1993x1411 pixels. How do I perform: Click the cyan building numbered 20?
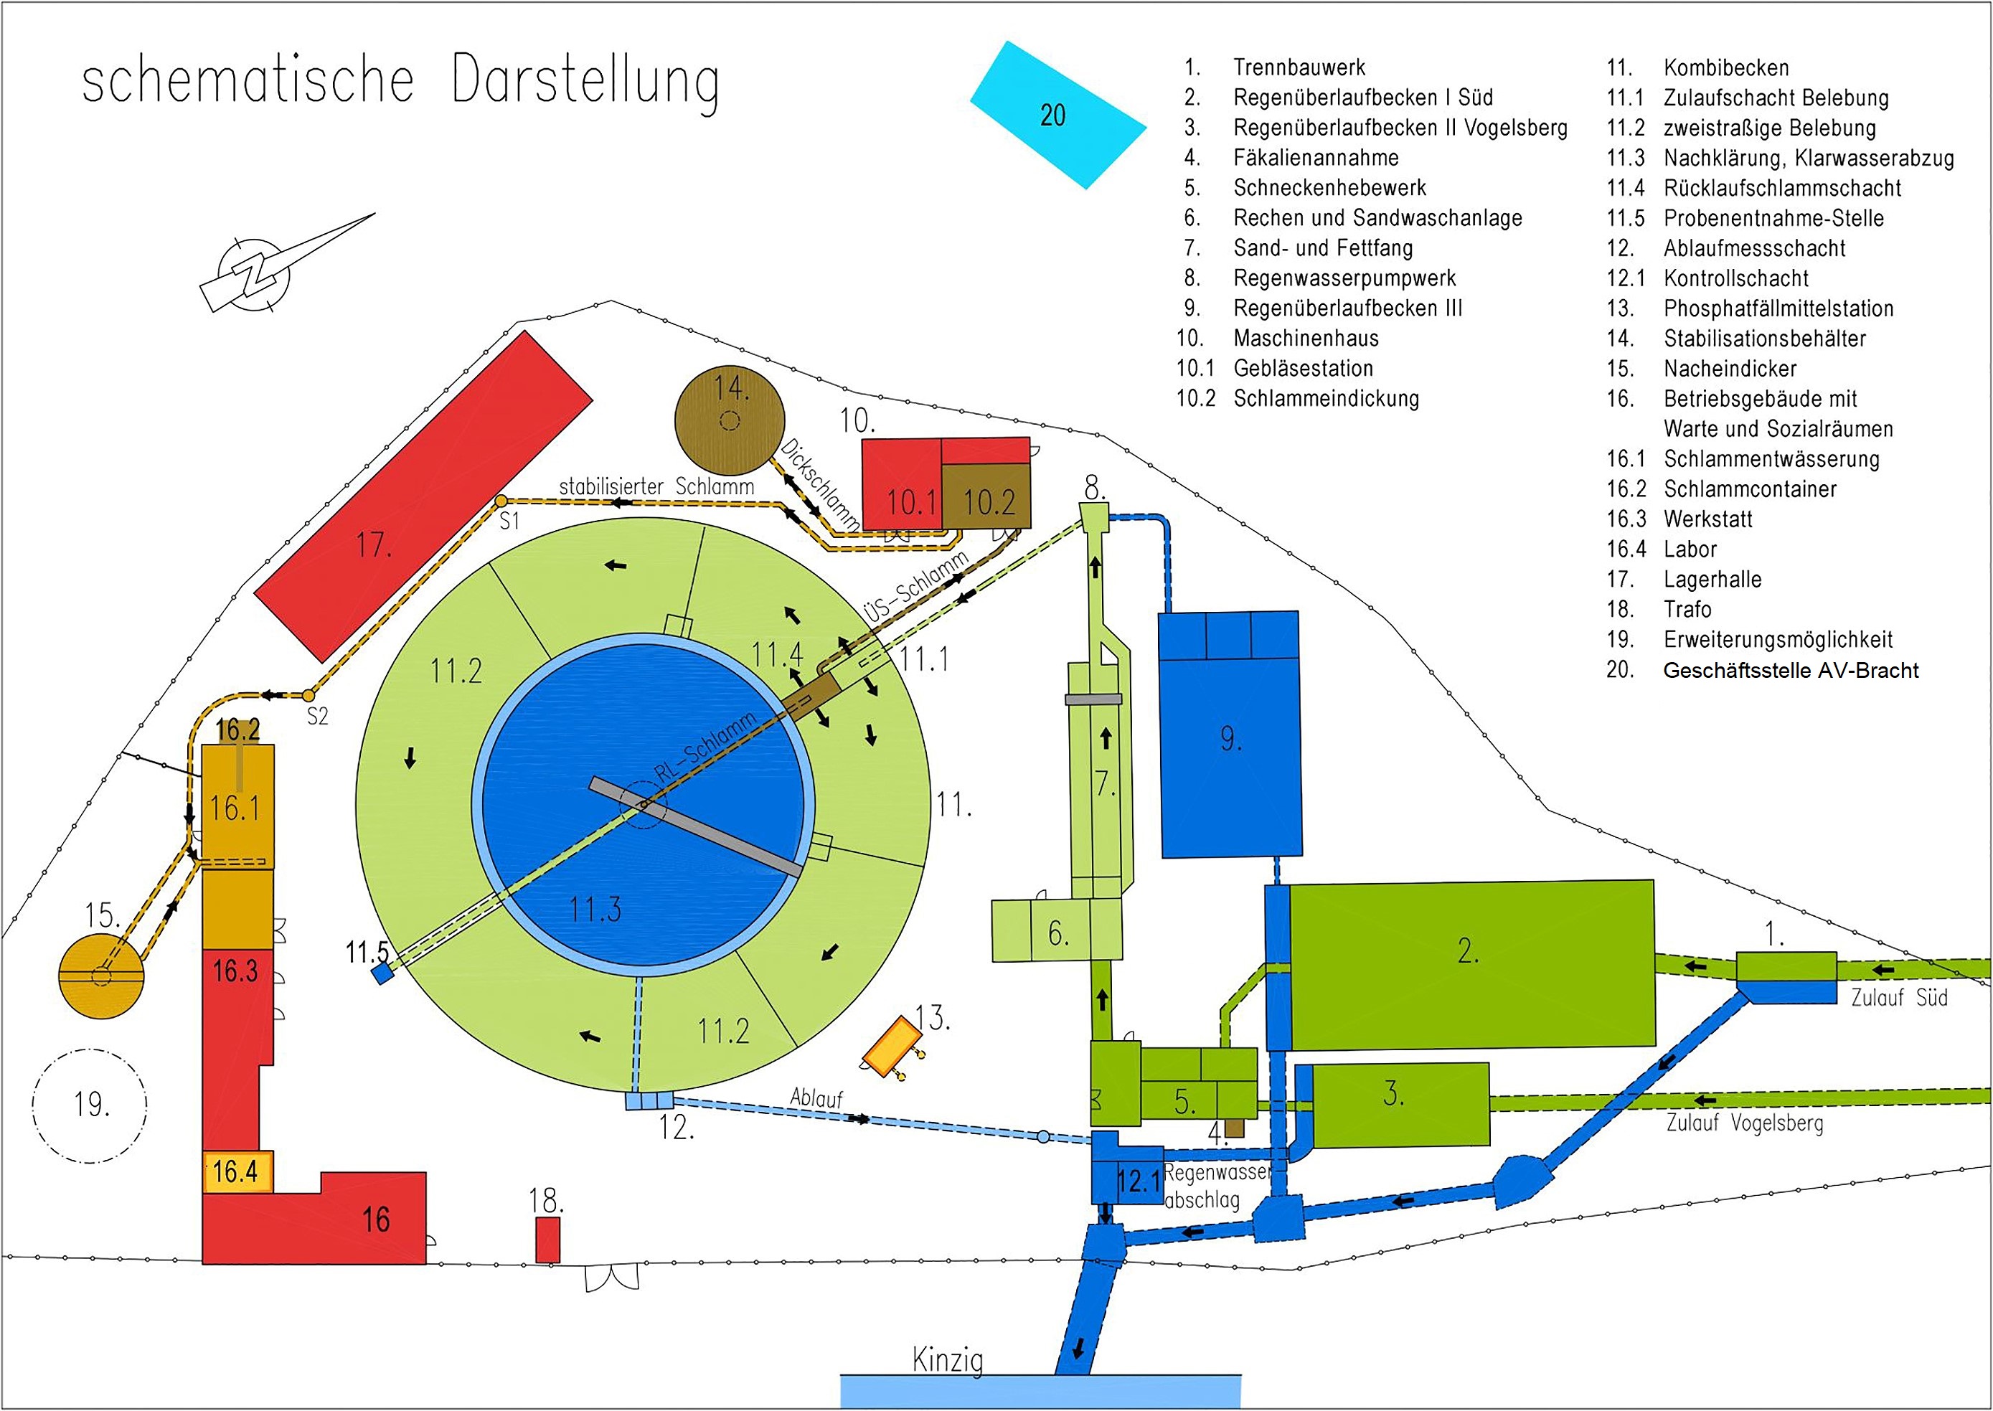point(1057,115)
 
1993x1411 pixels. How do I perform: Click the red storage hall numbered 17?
point(424,495)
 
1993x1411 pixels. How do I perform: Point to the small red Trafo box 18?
point(547,1239)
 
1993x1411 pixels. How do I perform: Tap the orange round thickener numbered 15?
point(102,976)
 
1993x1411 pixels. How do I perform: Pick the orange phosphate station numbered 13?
point(891,1044)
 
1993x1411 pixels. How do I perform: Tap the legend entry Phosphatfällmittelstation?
point(1778,308)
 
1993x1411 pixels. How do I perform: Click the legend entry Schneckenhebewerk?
point(1329,188)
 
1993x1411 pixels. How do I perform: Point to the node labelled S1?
point(501,501)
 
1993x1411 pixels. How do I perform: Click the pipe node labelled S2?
point(308,695)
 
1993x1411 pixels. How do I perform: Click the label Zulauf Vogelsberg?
point(1743,1123)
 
